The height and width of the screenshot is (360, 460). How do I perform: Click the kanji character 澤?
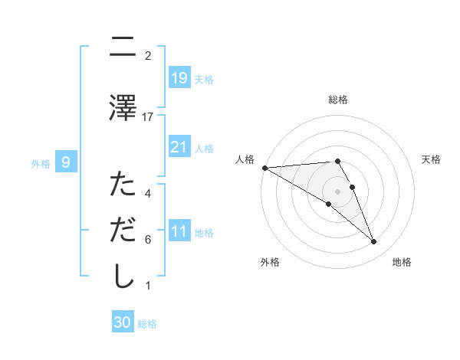(x=123, y=107)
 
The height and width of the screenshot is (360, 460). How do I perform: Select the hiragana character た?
(x=123, y=185)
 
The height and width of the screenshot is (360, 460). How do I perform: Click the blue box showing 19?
(x=179, y=78)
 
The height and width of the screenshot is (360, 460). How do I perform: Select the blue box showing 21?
(x=179, y=146)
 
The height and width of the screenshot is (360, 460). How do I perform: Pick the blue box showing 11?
(x=179, y=231)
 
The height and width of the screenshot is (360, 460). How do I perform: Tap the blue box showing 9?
(x=67, y=162)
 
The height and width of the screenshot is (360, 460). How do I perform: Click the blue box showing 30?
(x=123, y=322)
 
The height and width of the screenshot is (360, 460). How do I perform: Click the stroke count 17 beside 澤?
(x=148, y=116)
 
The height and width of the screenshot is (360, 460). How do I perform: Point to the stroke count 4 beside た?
(x=148, y=193)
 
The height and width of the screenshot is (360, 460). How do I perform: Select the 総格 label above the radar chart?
(x=338, y=100)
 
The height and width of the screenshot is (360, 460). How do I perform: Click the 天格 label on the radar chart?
(x=432, y=159)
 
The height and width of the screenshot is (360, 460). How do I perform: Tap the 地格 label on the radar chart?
(x=402, y=262)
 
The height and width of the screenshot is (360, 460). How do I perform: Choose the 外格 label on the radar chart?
(x=270, y=262)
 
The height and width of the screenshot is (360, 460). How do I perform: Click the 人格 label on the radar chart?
(x=245, y=159)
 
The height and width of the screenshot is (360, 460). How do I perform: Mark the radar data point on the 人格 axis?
(x=264, y=167)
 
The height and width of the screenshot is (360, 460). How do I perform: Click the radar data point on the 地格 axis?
(x=374, y=242)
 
